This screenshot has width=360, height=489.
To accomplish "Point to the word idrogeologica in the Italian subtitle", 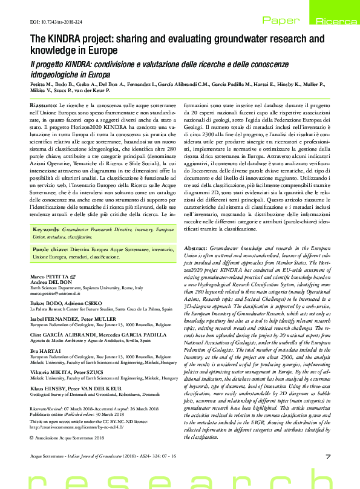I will (58, 74).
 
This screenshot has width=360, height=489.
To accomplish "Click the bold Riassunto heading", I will (44, 105).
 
